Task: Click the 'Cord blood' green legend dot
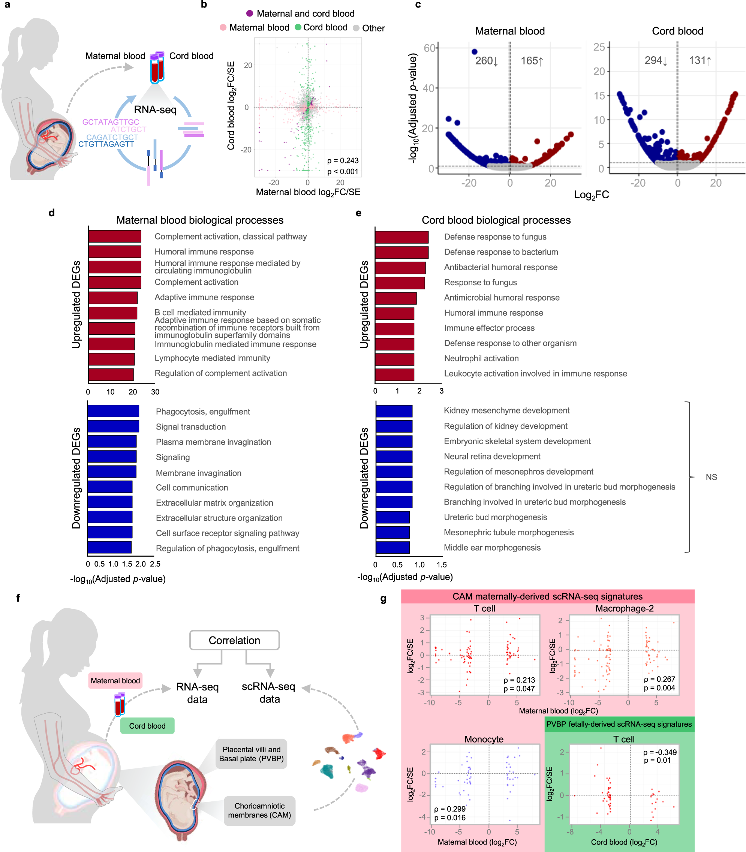tap(298, 27)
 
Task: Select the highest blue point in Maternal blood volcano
tap(474, 52)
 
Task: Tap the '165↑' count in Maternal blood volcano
tap(532, 61)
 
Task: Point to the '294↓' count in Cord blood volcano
tap(656, 61)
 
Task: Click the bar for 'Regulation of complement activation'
tap(111, 374)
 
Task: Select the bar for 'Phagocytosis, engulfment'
tap(113, 411)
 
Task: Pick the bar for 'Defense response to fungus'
tap(401, 237)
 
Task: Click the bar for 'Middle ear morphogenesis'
tap(392, 548)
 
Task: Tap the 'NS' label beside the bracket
tap(711, 477)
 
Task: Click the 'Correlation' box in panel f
tap(234, 640)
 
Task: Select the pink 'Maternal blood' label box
tap(115, 681)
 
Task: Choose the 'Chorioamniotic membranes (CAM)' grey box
tap(259, 810)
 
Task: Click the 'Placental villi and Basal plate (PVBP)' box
tap(252, 754)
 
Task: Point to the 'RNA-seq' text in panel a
tap(155, 109)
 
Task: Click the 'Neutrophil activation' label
tap(481, 358)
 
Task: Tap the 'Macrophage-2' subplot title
tap(624, 608)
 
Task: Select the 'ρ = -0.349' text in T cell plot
tap(660, 752)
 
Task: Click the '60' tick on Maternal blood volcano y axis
tap(429, 48)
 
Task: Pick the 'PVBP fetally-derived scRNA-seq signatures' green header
tap(619, 724)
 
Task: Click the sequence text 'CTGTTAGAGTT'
tap(106, 144)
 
